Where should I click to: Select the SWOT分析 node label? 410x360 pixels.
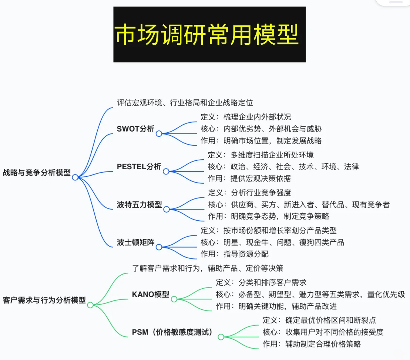click(x=135, y=129)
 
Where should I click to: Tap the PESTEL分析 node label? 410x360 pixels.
click(x=139, y=167)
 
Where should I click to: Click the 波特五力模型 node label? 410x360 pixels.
click(x=140, y=204)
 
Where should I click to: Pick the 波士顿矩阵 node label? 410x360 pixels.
click(x=135, y=243)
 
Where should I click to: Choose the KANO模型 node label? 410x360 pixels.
click(x=151, y=295)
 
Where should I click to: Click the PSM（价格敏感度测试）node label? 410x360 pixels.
click(x=173, y=332)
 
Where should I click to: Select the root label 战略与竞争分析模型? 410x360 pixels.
click(x=37, y=173)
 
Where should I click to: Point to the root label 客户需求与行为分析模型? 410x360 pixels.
click(x=44, y=300)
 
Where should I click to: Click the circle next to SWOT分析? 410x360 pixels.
click(x=159, y=133)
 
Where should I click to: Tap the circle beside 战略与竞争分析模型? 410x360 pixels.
click(x=75, y=177)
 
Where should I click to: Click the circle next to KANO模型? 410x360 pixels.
click(x=174, y=299)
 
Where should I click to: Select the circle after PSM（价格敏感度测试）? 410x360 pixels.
click(x=221, y=337)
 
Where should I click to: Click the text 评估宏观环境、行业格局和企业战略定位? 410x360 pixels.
click(x=185, y=103)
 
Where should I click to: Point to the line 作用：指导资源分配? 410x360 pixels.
click(x=235, y=254)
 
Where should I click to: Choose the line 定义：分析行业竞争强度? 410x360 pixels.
click(x=250, y=193)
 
